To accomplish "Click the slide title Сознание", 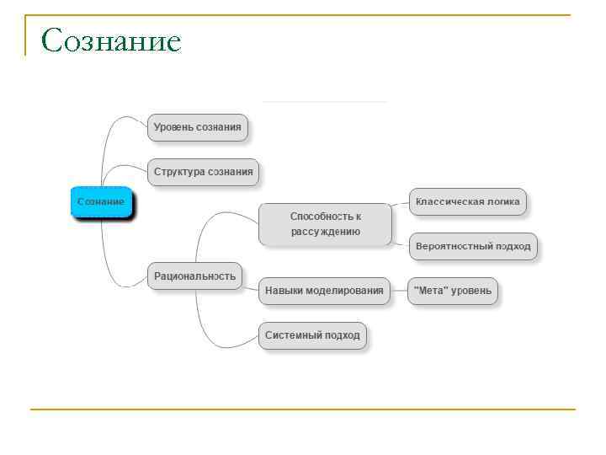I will [x=111, y=40].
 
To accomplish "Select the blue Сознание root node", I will [x=101, y=202].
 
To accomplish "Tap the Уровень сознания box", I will [x=198, y=127].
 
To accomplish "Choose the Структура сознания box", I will [x=204, y=172].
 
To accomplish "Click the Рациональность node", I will [x=194, y=276].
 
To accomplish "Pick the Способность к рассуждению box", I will [x=325, y=224].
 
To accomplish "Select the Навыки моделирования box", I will [x=324, y=291].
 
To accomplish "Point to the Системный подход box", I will [x=312, y=335].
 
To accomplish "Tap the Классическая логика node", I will [x=468, y=201].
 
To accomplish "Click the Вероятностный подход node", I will [x=473, y=247].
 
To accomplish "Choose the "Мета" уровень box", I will [x=453, y=291].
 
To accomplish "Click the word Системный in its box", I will [x=289, y=335].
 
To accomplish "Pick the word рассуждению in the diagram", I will [x=326, y=232].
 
